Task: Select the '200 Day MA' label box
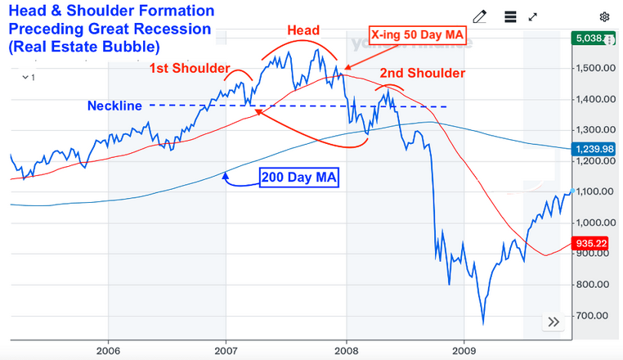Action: (298, 178)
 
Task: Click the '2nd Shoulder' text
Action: (422, 73)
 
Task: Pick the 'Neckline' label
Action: (115, 106)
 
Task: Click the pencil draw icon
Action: (480, 16)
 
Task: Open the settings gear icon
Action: (605, 16)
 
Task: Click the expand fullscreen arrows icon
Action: (533, 16)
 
